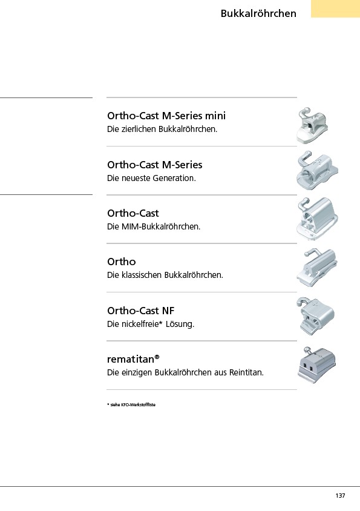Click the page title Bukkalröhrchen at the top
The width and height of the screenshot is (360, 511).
pyautogui.click(x=258, y=13)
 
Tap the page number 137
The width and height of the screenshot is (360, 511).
pyautogui.click(x=340, y=495)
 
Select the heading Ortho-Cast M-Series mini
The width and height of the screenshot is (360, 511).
pyautogui.click(x=166, y=116)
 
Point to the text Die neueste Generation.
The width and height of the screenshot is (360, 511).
pyautogui.click(x=151, y=178)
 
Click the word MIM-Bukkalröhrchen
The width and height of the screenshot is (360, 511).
pyautogui.click(x=160, y=226)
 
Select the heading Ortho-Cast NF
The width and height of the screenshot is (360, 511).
pyautogui.click(x=141, y=311)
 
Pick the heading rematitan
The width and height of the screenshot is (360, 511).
pyautogui.click(x=133, y=359)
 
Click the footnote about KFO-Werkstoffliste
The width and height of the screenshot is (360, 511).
pyautogui.click(x=131, y=405)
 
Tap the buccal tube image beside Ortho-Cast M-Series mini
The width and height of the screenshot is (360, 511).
pyautogui.click(x=312, y=125)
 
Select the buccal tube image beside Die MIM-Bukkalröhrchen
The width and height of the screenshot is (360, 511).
pyautogui.click(x=317, y=219)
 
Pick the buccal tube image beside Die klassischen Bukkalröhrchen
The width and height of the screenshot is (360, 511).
pyautogui.click(x=316, y=268)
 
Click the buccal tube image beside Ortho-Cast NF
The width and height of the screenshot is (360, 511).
pyautogui.click(x=315, y=316)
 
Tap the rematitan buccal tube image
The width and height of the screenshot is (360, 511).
pyautogui.click(x=316, y=365)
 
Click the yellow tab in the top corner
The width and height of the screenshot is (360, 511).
pyautogui.click(x=336, y=9)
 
